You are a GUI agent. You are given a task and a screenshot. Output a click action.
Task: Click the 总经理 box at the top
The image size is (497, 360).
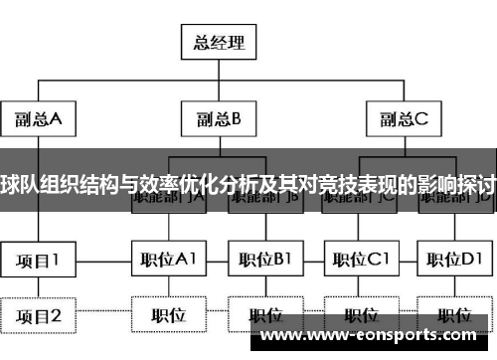click(219, 42)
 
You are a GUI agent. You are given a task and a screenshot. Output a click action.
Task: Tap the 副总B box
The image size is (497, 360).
click(219, 119)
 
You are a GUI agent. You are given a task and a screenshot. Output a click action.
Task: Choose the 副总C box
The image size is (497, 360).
click(404, 119)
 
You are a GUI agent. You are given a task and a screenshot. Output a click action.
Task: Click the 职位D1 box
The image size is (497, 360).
click(455, 261)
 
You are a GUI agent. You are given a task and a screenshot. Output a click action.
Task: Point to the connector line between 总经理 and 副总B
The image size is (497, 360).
click(219, 80)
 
